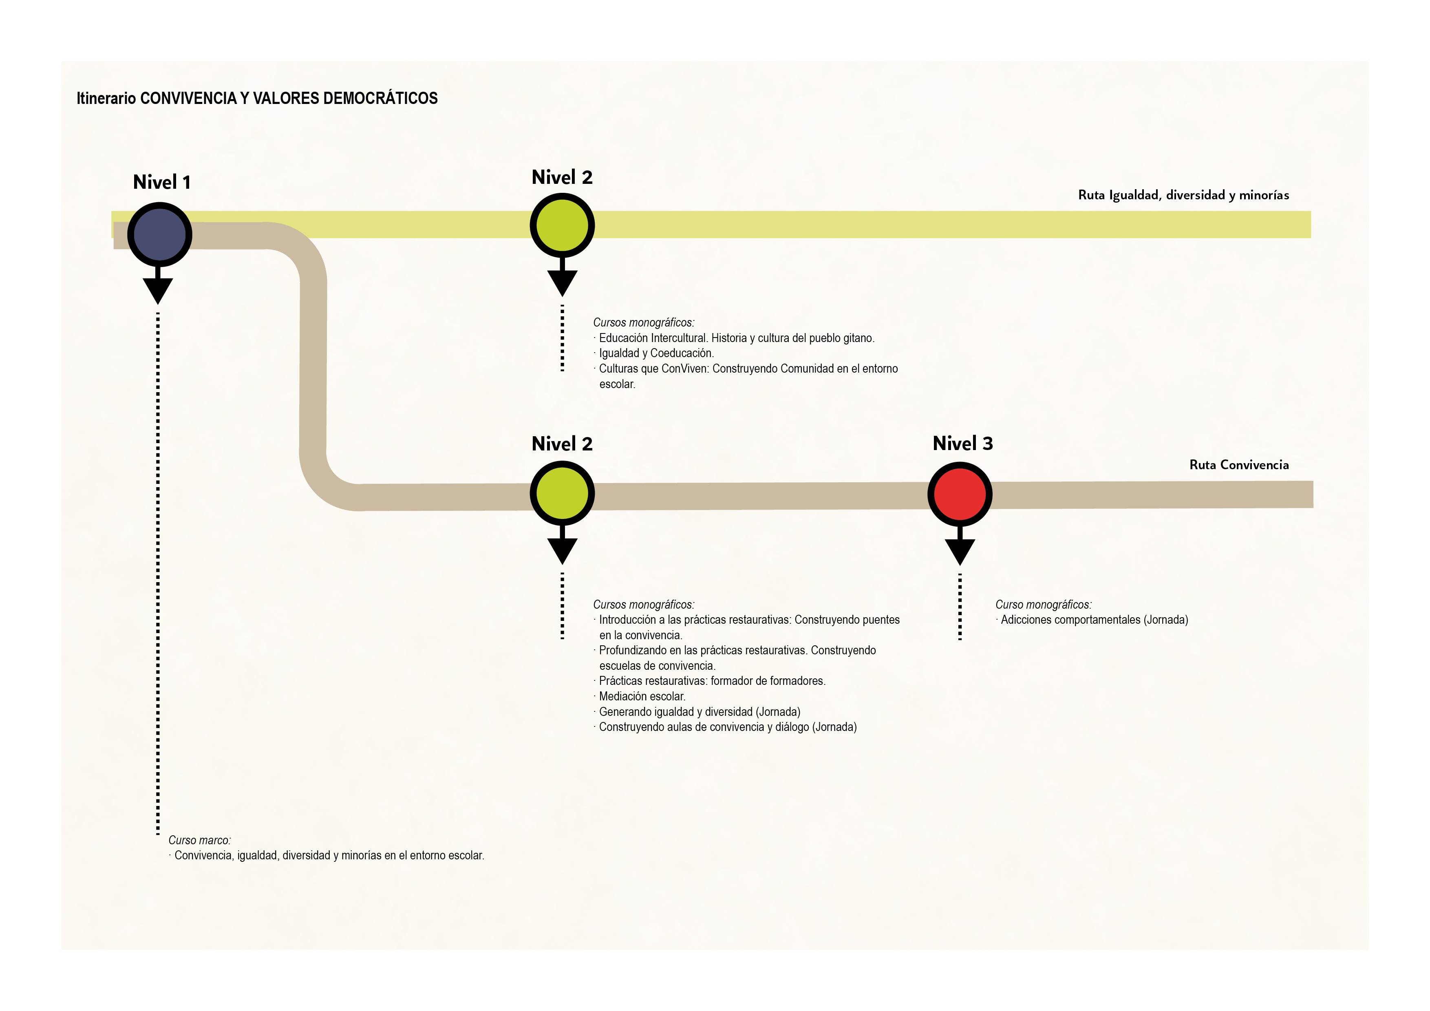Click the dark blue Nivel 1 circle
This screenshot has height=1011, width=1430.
[159, 235]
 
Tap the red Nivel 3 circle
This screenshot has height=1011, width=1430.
[959, 494]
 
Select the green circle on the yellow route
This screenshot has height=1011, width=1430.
[562, 225]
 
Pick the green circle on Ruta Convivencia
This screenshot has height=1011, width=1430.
[562, 493]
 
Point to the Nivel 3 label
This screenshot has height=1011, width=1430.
[962, 444]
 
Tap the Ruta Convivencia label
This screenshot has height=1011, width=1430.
[1238, 465]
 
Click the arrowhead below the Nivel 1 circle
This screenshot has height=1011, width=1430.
[158, 290]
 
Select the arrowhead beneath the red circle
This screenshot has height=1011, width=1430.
[959, 551]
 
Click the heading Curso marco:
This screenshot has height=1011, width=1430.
[199, 840]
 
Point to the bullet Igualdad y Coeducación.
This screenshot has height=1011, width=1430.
[656, 353]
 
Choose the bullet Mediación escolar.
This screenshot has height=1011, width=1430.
[642, 696]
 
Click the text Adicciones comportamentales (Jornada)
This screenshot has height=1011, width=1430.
[1094, 620]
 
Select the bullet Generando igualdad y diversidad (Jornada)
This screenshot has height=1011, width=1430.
[699, 712]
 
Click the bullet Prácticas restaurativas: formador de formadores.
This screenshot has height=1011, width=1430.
[711, 681]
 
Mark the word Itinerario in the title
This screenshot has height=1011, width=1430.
[106, 98]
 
